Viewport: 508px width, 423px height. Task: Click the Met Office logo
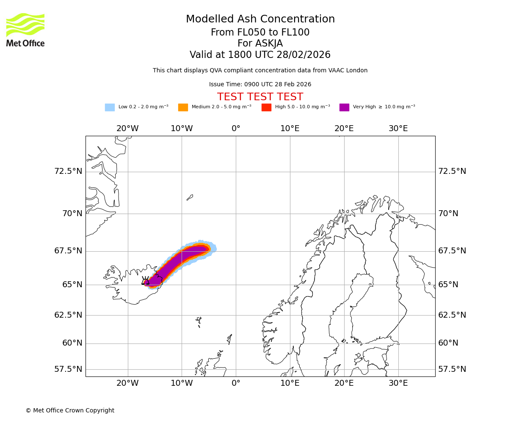click(x=25, y=30)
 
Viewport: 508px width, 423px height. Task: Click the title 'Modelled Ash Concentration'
click(x=260, y=19)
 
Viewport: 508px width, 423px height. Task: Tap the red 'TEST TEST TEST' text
click(x=260, y=97)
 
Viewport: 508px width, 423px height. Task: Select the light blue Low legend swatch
click(x=110, y=107)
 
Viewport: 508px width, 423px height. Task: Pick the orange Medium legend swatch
click(x=183, y=107)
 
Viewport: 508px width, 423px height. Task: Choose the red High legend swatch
click(x=266, y=107)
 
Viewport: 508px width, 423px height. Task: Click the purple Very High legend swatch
click(x=344, y=107)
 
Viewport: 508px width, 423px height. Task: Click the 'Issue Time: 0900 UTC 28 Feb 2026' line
click(x=260, y=85)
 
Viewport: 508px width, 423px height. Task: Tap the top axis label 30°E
click(x=398, y=129)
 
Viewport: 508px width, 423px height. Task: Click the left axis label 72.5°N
click(x=68, y=171)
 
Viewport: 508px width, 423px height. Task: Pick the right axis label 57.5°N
click(x=452, y=369)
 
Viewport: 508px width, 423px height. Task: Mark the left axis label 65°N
click(x=72, y=285)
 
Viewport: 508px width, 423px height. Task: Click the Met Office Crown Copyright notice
click(x=70, y=411)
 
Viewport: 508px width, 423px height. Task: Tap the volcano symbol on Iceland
click(x=146, y=281)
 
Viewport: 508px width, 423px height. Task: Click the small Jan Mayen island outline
click(x=190, y=197)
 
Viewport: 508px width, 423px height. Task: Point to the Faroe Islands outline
click(x=199, y=321)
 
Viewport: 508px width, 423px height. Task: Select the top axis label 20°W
click(x=127, y=129)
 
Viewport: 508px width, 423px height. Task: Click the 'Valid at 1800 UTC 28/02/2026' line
click(x=260, y=55)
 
